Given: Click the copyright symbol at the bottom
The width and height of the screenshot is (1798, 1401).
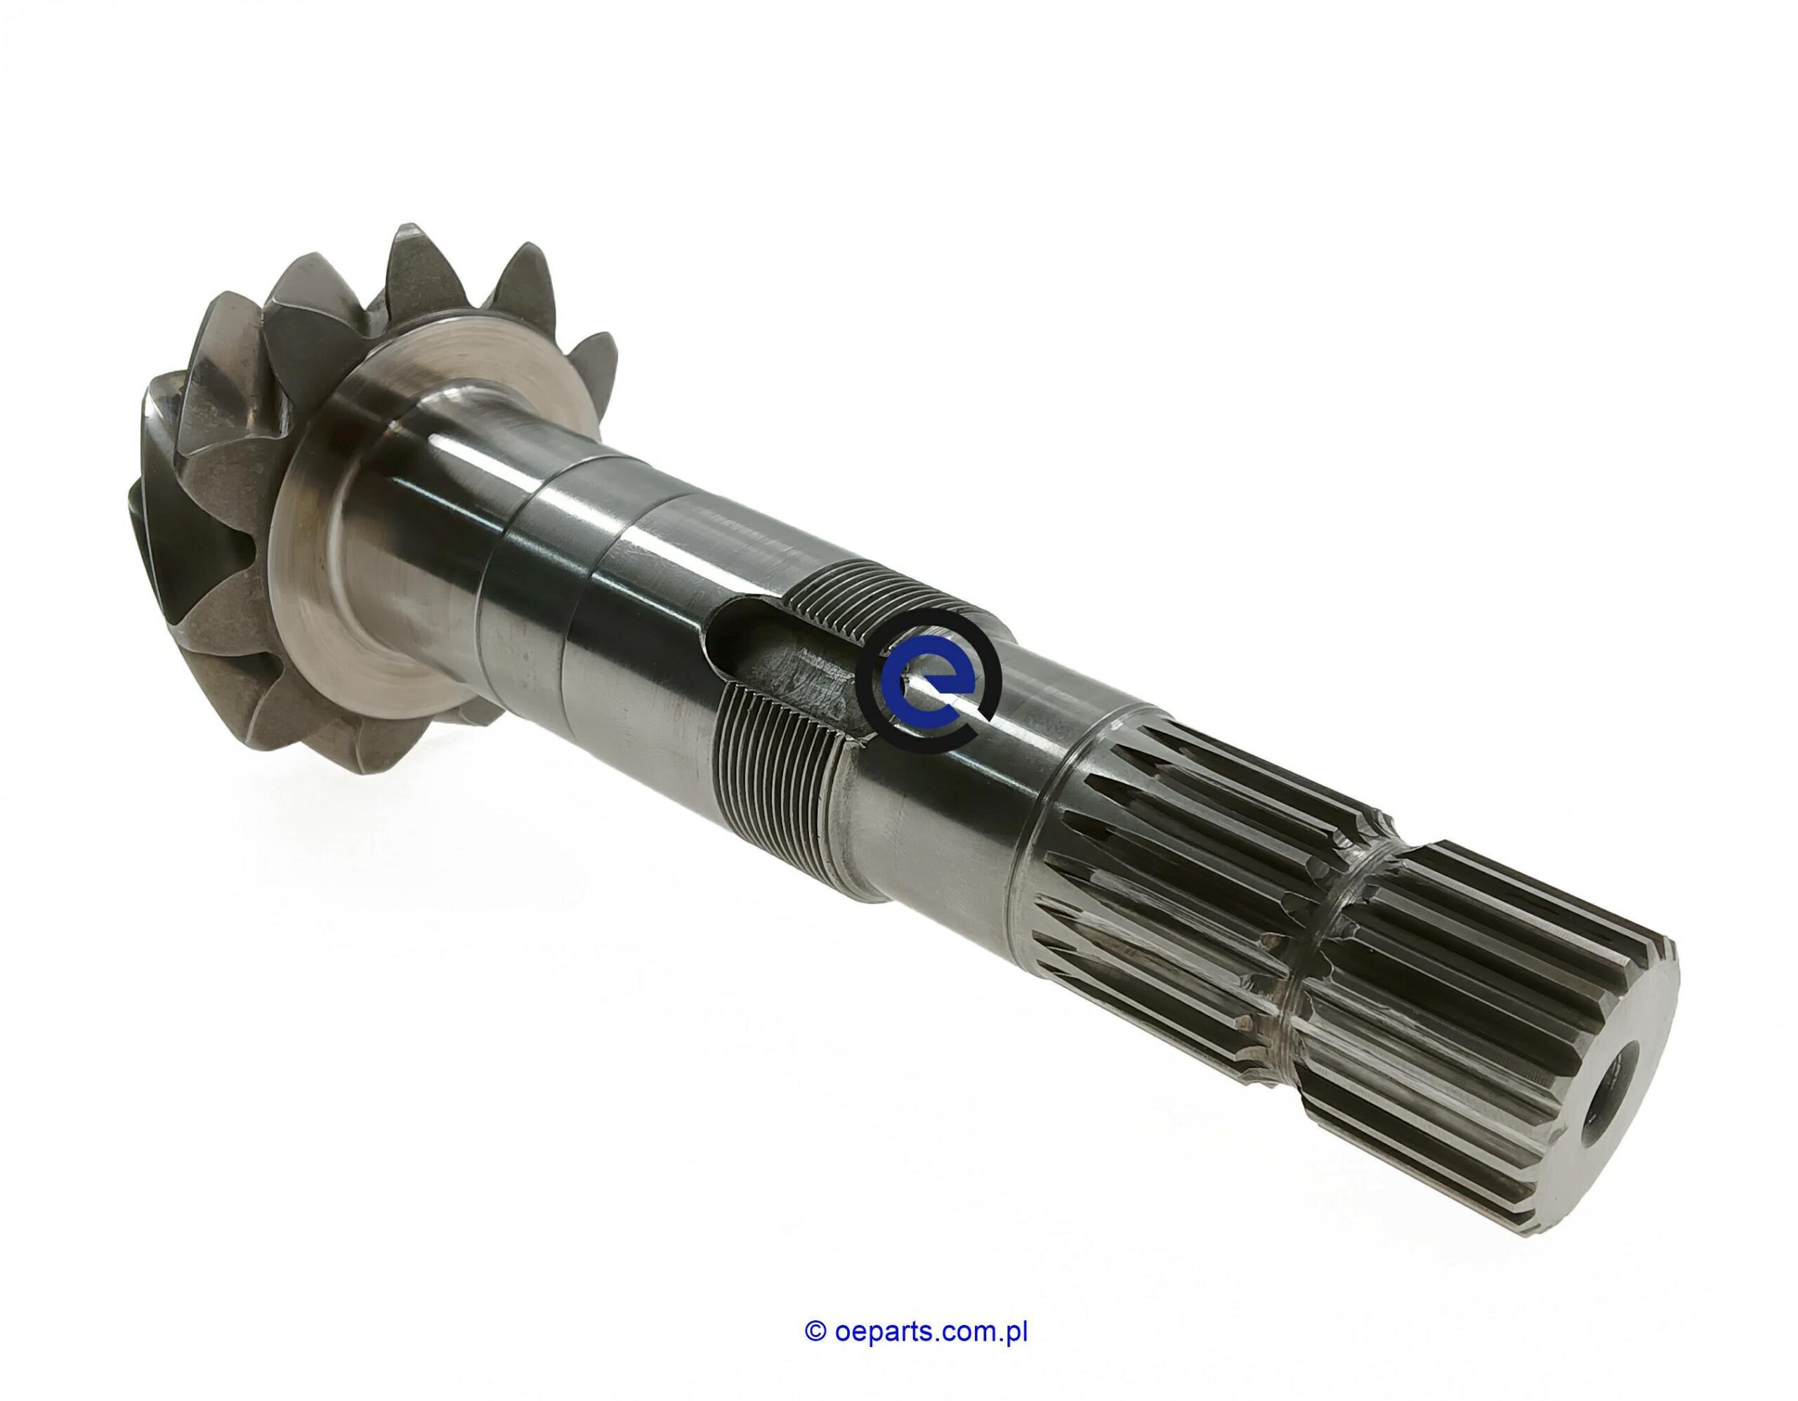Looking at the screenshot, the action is point(814,1285).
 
